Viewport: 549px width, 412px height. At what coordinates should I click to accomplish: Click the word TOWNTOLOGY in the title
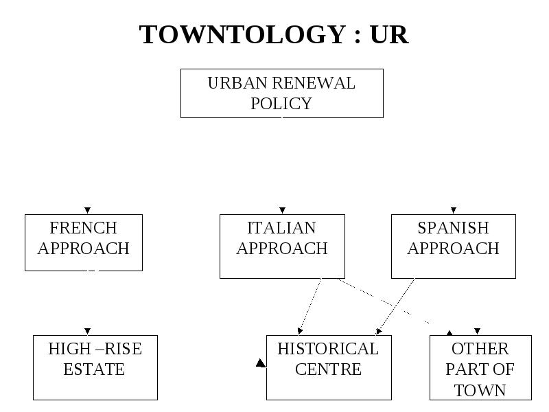click(x=243, y=35)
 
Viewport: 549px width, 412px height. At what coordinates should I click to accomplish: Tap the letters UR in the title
click(x=389, y=35)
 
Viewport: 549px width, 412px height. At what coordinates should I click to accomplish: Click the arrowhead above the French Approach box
click(x=88, y=210)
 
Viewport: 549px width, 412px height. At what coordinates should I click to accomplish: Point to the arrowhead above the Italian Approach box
click(x=282, y=210)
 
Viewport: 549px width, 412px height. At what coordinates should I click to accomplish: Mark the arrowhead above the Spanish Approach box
click(x=454, y=210)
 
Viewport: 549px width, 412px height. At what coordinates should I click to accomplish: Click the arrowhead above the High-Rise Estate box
click(x=88, y=331)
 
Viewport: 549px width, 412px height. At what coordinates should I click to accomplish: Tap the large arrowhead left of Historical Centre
click(x=261, y=363)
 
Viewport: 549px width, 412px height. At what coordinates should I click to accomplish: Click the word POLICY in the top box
click(x=281, y=104)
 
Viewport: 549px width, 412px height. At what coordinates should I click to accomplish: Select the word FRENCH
click(x=83, y=228)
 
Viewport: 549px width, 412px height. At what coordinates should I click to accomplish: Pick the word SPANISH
click(x=453, y=228)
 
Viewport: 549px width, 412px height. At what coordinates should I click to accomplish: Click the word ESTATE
click(x=94, y=369)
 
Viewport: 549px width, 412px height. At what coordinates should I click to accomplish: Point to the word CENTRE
click(x=329, y=369)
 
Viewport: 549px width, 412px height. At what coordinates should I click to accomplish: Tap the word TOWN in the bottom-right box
click(x=480, y=391)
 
